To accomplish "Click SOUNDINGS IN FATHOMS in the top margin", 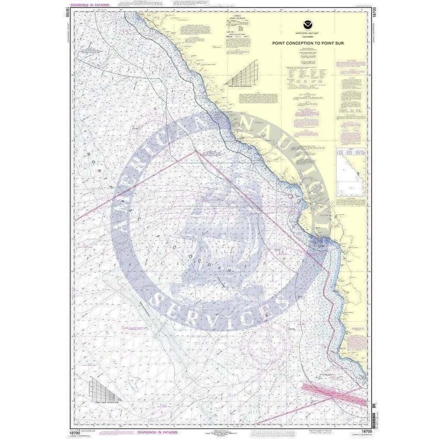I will [x=92, y=4].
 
